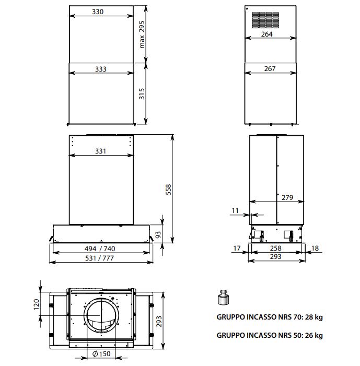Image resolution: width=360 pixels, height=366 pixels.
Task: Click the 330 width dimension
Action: (98, 11)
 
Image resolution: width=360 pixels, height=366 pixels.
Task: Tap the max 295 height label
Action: (142, 35)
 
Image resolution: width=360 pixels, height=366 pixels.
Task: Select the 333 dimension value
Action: (101, 69)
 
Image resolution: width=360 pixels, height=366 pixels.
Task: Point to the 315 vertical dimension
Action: (142, 93)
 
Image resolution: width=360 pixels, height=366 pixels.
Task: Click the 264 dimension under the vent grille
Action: (267, 34)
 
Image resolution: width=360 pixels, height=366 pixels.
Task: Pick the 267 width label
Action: (270, 68)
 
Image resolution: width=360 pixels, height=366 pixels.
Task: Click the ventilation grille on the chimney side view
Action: (265, 20)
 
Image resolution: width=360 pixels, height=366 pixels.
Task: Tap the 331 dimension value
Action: (101, 151)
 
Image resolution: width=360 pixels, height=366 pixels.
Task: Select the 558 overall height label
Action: (168, 190)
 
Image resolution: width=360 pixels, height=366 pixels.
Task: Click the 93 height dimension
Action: (158, 234)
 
